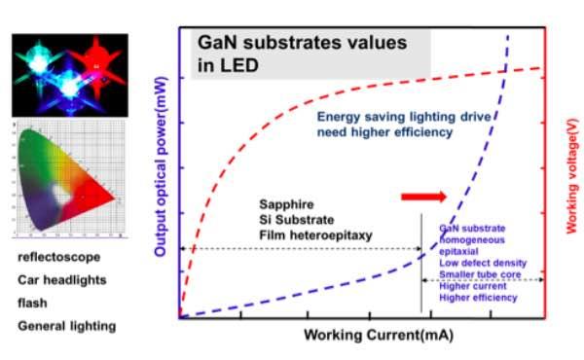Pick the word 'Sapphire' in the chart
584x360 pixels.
pyautogui.click(x=285, y=204)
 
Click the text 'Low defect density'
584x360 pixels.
pyautogui.click(x=483, y=263)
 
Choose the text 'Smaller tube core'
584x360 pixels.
pyautogui.click(x=480, y=275)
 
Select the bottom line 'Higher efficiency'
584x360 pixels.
pyautogui.click(x=478, y=300)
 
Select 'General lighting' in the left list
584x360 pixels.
pyautogui.click(x=66, y=325)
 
